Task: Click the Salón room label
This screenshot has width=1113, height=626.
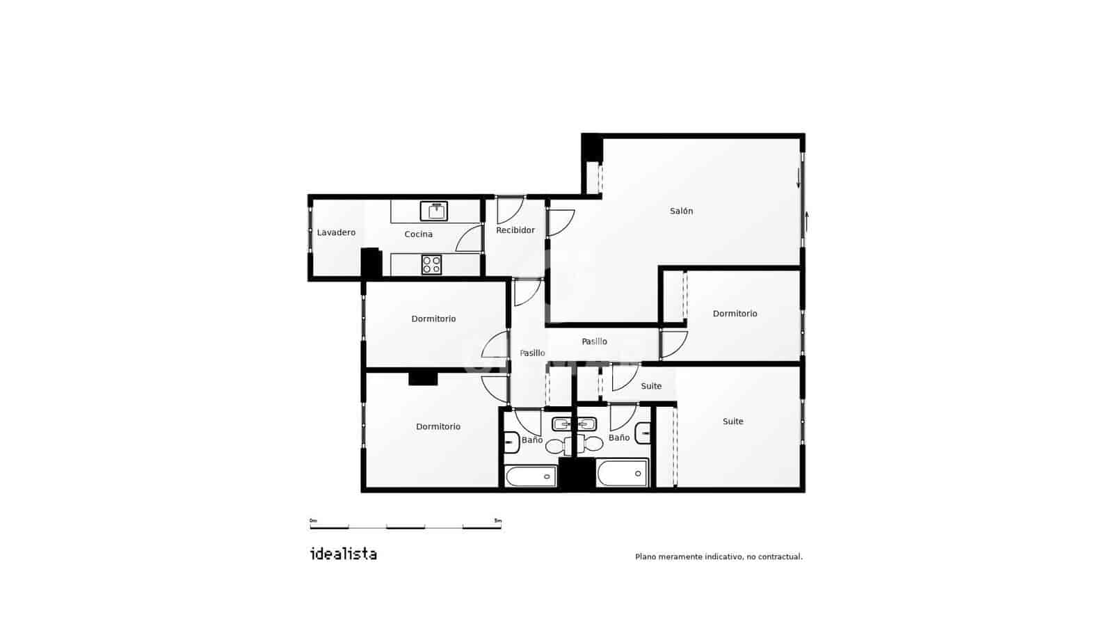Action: tap(681, 211)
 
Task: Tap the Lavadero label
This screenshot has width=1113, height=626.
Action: tap(336, 232)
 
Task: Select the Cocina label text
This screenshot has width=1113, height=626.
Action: tap(418, 234)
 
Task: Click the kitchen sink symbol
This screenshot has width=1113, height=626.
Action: tap(434, 211)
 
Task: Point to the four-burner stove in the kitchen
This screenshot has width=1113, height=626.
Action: tap(431, 265)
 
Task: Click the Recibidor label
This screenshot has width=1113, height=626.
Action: tap(515, 230)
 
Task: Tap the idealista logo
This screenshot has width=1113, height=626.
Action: tap(343, 554)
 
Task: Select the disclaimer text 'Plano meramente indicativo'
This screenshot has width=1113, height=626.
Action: tap(719, 556)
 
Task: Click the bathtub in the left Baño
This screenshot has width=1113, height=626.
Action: tap(531, 476)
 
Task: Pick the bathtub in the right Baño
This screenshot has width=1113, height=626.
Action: tap(622, 474)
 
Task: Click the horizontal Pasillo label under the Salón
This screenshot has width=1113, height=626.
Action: tap(594, 342)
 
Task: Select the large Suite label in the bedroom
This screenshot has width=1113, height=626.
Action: tap(732, 422)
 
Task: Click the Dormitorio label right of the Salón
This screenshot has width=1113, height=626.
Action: tap(735, 314)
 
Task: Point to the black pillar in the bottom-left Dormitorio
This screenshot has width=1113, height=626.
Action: tap(423, 378)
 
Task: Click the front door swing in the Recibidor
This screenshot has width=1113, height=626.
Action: tap(510, 210)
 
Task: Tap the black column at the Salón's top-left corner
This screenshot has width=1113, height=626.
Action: tap(591, 147)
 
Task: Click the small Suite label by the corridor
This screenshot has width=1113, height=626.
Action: tap(651, 386)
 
